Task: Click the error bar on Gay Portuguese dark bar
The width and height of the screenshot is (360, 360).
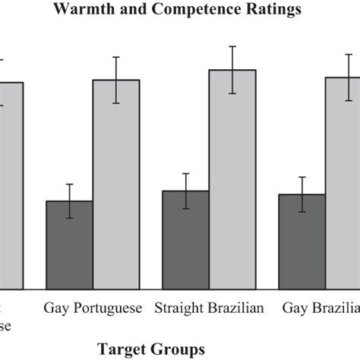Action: tap(69, 201)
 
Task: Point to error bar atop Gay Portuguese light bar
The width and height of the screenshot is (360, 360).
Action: tap(116, 80)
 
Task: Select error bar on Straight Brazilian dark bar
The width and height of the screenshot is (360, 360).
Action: tap(185, 191)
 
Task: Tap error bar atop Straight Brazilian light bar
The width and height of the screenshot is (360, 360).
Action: tap(232, 70)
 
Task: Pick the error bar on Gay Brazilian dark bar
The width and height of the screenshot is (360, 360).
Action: tap(302, 194)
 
